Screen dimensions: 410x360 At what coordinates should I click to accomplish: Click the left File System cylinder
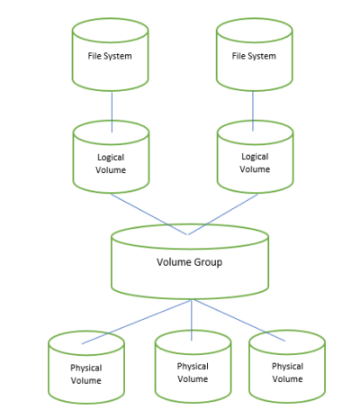[111, 56]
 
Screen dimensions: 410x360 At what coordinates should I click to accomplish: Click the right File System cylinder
[255, 56]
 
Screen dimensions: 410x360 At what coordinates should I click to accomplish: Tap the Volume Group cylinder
[190, 262]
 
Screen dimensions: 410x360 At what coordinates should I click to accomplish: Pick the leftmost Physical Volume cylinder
[86, 371]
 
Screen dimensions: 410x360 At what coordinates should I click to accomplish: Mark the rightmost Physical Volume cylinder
[286, 371]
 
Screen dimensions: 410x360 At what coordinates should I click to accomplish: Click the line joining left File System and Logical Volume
[111, 108]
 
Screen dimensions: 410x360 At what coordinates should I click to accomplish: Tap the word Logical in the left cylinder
[111, 155]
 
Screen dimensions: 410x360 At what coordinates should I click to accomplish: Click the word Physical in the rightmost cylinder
[286, 367]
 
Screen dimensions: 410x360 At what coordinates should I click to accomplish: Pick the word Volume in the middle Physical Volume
[193, 378]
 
